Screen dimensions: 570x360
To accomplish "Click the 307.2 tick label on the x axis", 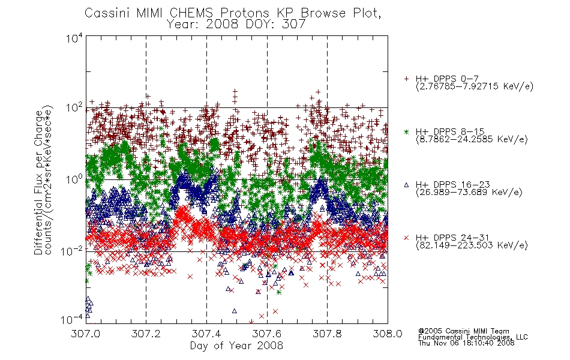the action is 146,334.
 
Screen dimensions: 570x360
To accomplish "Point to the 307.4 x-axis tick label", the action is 206,334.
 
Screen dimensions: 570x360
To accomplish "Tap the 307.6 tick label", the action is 267,334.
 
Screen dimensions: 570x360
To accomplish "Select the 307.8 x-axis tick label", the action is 327,334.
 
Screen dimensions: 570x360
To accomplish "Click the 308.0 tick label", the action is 388,334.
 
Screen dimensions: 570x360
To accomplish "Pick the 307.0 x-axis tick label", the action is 85,334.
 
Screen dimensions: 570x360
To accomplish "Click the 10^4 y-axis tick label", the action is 74,38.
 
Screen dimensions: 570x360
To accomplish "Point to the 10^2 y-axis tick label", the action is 74,108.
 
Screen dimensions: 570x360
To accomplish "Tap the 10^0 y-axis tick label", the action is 74,179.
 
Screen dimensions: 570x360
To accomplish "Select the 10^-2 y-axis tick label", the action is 72,251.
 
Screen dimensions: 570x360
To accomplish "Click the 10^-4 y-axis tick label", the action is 72,320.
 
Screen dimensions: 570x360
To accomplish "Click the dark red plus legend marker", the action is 406,79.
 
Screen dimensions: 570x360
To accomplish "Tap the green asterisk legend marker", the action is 406,131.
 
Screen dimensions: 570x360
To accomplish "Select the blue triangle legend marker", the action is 406,185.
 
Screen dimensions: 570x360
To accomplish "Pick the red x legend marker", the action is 406,238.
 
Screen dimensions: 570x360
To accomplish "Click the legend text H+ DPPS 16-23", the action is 452,185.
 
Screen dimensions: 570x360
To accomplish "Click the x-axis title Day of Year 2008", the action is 236,346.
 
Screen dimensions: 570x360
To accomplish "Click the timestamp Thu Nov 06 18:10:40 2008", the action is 466,343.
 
